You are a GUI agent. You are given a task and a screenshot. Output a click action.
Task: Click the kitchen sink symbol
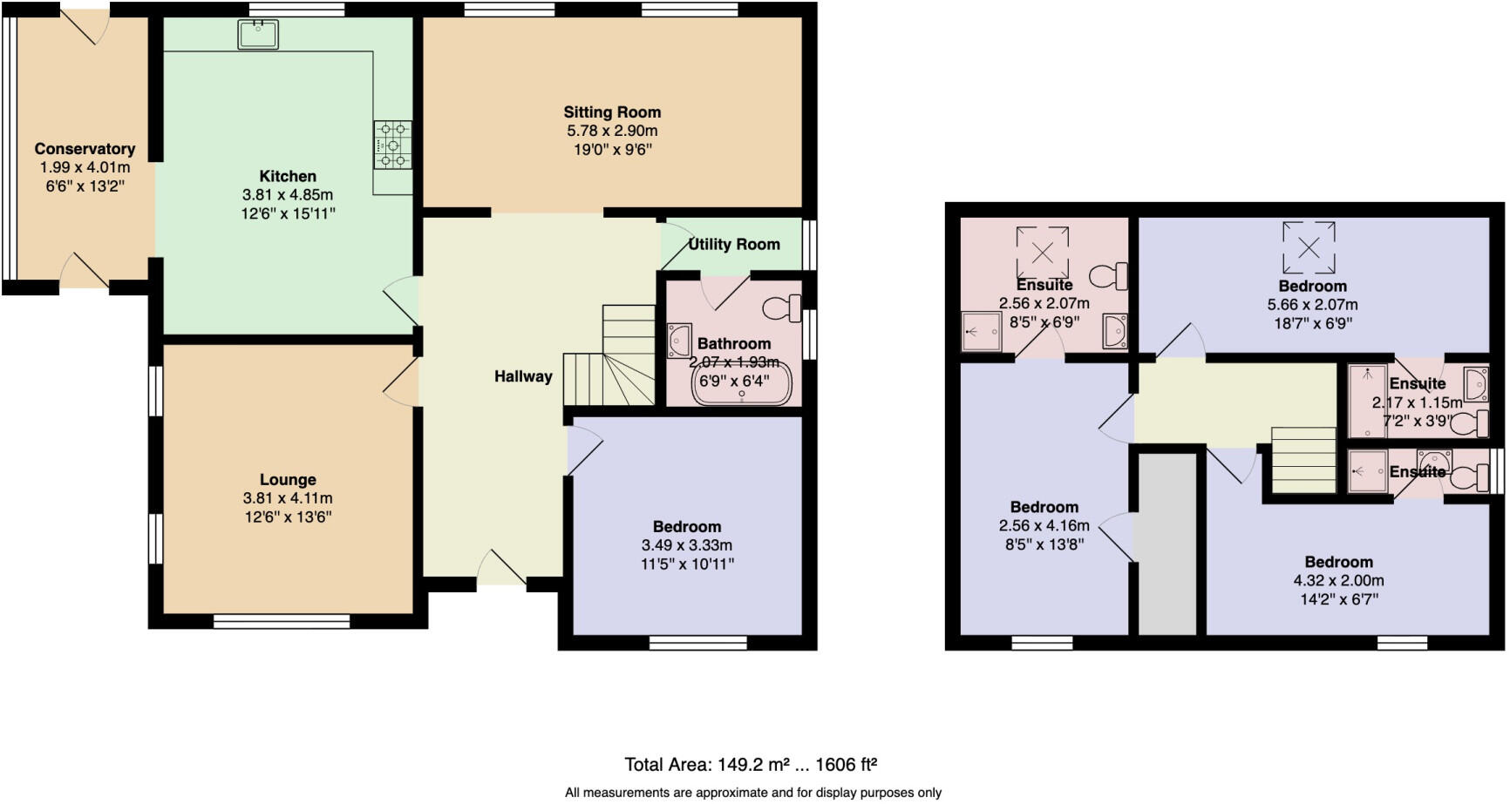coord(258,34)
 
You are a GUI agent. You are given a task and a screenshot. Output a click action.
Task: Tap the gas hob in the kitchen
coord(393,145)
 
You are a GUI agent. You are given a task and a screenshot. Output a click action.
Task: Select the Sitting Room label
coord(612,111)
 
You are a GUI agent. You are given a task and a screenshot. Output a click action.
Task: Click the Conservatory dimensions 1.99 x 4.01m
coord(85,167)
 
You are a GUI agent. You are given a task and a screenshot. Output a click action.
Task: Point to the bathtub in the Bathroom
coord(742,384)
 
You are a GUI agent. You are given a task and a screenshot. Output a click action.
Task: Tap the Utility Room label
coord(734,244)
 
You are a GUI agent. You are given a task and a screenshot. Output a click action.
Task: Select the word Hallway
coord(523,376)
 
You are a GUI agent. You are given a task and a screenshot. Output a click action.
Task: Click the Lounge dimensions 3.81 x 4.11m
coord(288,498)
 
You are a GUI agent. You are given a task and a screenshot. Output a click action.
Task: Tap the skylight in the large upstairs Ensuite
coord(1043,252)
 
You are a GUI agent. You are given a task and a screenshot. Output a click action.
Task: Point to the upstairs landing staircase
coord(1303,460)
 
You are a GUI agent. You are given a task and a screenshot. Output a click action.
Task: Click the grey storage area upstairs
coord(1167,544)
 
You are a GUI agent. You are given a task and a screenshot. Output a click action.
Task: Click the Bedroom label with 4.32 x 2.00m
coord(1338,562)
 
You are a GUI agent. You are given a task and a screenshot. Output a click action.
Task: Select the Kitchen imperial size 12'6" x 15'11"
coord(288,213)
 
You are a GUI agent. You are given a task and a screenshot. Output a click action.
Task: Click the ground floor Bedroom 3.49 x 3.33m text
coord(687,545)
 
